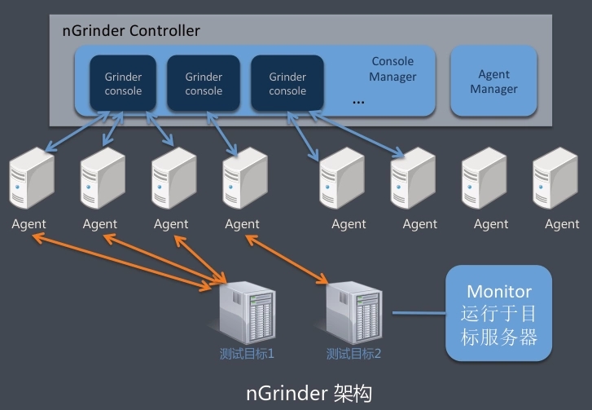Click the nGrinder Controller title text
coord(131,31)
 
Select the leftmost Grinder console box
coord(123,83)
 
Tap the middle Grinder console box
coord(204,83)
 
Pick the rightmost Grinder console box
coord(287,83)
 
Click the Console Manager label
coord(392,68)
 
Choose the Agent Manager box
coord(493,82)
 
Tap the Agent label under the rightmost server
coord(562,224)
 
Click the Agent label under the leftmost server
coord(29,224)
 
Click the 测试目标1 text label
coord(247,355)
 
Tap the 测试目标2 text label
coord(353,355)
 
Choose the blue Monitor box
coord(498,314)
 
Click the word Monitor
coord(499,291)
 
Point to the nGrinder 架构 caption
coord(309,393)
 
